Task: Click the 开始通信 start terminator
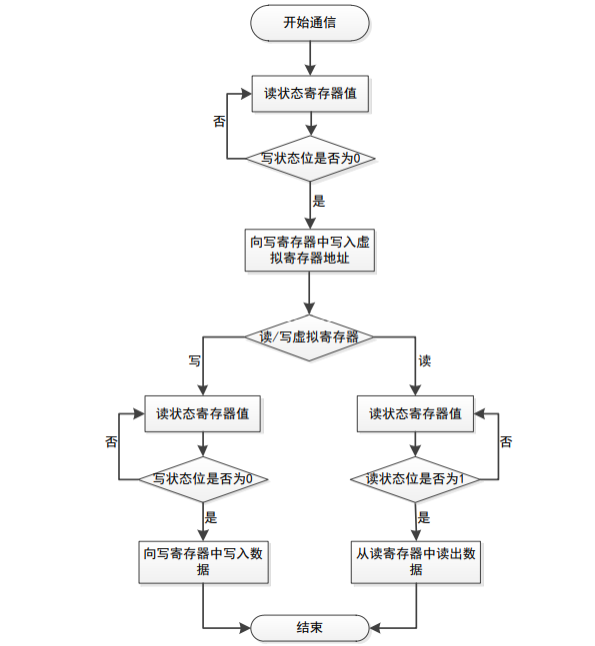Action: point(309,23)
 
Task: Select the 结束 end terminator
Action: point(309,627)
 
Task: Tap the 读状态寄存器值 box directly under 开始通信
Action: point(310,94)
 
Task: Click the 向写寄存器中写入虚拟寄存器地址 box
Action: point(309,250)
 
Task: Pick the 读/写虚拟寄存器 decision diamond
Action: point(309,337)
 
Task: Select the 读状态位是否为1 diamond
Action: point(415,479)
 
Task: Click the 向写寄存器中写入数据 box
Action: point(203,562)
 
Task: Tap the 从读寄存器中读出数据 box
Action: point(416,562)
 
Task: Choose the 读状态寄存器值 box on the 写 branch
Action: point(202,413)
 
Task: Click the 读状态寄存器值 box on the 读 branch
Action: point(415,413)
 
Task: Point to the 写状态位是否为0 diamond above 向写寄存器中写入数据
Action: point(203,479)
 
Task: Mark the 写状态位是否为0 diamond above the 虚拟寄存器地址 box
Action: point(310,158)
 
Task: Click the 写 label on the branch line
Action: point(195,360)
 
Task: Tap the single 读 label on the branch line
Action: point(425,360)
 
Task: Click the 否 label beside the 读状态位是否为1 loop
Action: point(506,441)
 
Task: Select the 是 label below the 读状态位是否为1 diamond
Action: point(424,517)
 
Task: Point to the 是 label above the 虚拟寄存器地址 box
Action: point(319,201)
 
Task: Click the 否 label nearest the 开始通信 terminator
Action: point(220,121)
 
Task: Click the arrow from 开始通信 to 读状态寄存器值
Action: point(310,58)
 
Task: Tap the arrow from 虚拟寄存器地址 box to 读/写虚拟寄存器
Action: point(309,293)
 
